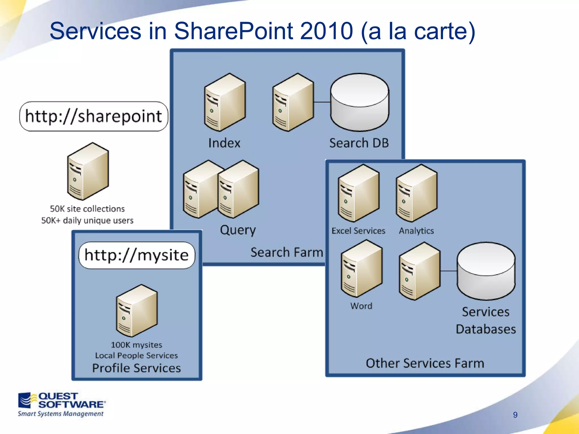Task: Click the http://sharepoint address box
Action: pos(94,116)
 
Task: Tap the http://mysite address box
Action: pos(137,255)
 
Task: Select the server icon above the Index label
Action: pos(225,102)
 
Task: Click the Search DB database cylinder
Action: pos(360,102)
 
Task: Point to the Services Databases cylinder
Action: pos(486,271)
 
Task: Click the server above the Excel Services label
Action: pos(359,193)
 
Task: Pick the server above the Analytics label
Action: pos(417,193)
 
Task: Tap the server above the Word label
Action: pos(362,269)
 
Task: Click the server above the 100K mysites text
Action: pos(137,311)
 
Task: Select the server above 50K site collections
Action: pos(88,172)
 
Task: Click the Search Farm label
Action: pos(287,252)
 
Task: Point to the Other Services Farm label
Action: pos(425,363)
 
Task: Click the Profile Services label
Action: pos(137,368)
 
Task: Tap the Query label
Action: pos(238,230)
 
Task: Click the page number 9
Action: pos(515,415)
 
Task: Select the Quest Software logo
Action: pos(61,404)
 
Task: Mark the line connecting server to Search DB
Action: pos(322,102)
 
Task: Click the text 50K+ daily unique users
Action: pos(87,220)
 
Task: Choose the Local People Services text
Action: pos(137,355)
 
